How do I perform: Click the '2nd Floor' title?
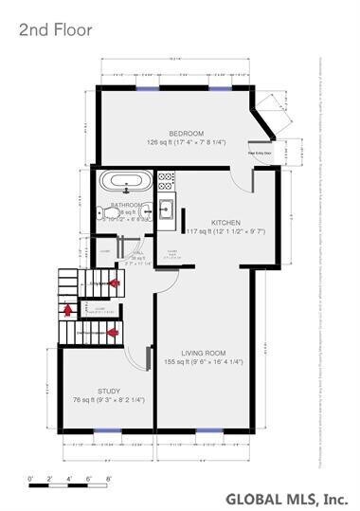pos(55,30)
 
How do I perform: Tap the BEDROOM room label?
pos(187,133)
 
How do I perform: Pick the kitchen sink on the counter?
pos(166,210)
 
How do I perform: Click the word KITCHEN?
pos(225,221)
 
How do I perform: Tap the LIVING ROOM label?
pos(203,352)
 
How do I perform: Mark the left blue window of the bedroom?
pos(147,88)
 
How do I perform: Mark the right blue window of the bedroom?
pos(221,88)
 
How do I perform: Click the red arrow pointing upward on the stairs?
pos(68,307)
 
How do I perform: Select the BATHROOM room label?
pos(126,205)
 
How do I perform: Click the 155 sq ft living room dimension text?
pos(203,361)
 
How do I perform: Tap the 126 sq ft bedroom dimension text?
pos(187,142)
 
